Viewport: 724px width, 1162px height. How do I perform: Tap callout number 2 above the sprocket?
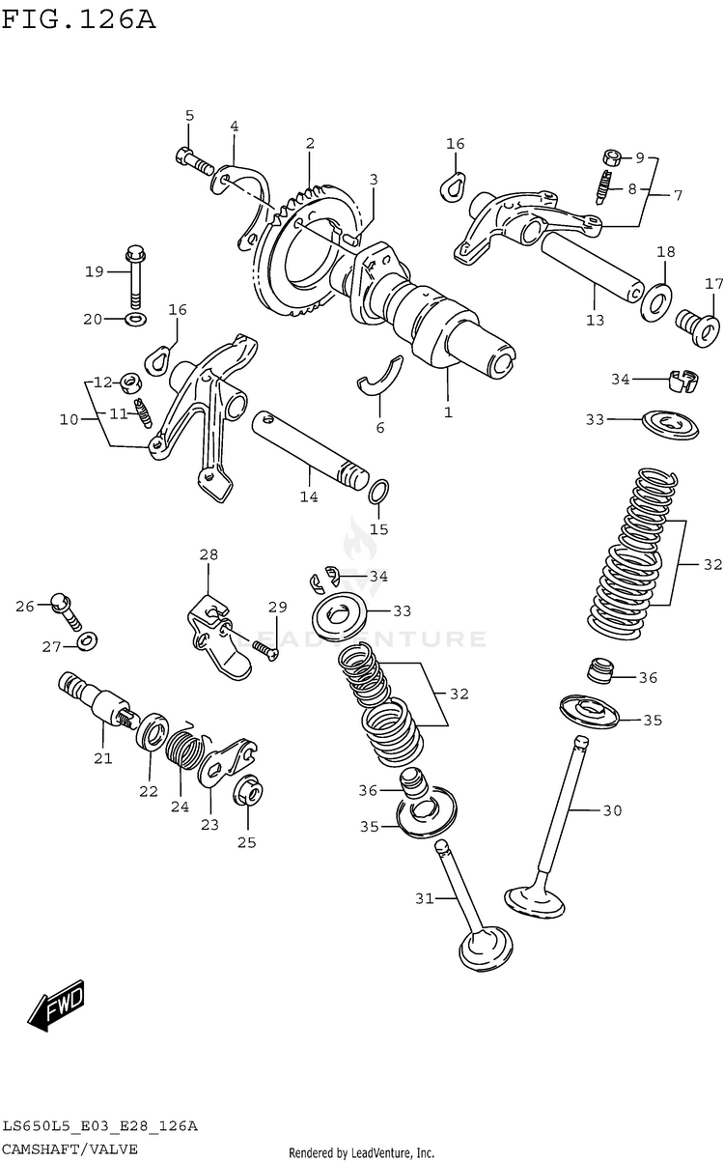tap(310, 144)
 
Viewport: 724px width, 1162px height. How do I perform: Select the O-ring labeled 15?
tap(379, 493)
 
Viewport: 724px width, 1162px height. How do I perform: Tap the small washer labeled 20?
tap(137, 320)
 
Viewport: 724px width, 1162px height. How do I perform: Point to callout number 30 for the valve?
tap(612, 810)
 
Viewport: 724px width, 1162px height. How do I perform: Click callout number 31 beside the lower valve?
tap(426, 898)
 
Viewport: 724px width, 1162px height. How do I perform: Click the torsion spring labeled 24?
tap(183, 750)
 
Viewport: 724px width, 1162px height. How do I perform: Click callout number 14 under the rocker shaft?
tap(308, 496)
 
